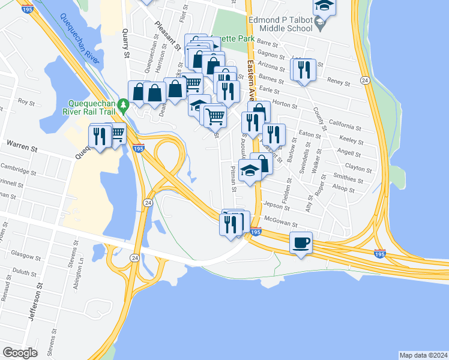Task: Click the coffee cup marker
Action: click(x=301, y=243)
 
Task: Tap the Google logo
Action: click(x=20, y=353)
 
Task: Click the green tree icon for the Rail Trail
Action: click(x=124, y=105)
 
